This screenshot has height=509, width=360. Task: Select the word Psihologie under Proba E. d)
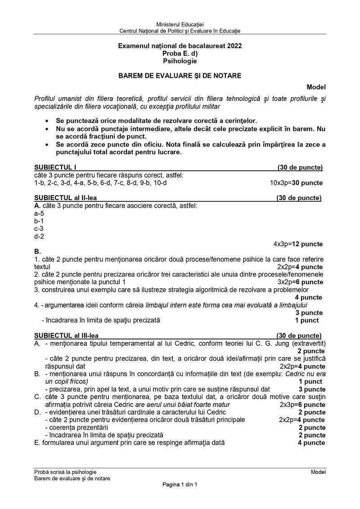point(180,61)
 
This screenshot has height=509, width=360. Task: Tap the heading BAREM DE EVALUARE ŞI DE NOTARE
point(180,76)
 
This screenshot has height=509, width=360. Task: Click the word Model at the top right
point(316,87)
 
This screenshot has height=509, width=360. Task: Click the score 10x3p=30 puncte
point(296,183)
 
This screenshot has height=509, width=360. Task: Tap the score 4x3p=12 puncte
point(298,244)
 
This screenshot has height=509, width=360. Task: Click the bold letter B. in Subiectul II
point(37,251)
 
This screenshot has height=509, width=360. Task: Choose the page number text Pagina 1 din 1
point(180,484)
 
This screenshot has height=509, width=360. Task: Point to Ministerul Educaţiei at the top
point(180,23)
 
